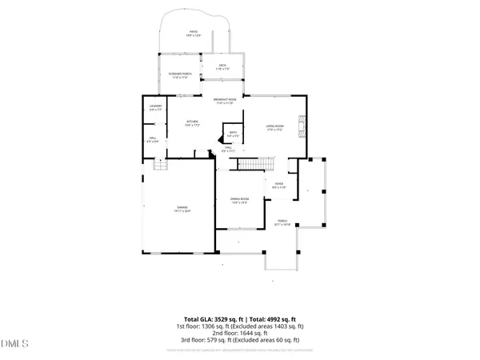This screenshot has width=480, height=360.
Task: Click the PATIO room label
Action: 193,33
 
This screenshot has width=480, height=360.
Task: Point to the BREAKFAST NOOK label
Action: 223,101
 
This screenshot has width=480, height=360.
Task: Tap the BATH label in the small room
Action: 233,134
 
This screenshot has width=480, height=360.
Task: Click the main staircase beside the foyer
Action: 257,164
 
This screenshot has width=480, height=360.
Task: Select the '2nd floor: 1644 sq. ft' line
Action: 239,334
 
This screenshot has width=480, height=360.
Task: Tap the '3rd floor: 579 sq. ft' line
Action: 239,341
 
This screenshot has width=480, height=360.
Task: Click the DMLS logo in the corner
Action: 14,345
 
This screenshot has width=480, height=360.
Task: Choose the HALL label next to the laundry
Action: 153,139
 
